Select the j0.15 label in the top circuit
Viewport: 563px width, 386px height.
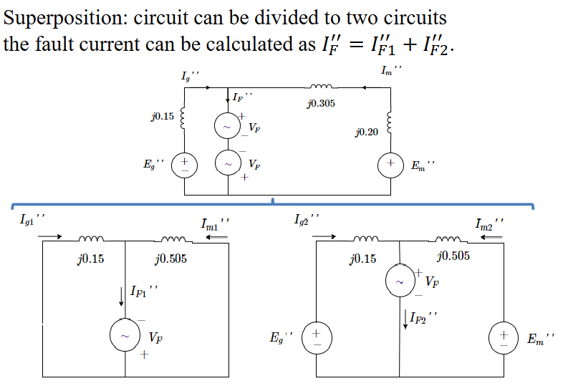162,116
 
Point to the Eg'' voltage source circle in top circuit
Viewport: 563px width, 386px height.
186,164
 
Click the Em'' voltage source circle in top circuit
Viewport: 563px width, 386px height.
392,165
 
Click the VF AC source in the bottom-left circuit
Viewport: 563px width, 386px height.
125,334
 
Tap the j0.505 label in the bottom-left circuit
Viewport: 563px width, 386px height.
170,259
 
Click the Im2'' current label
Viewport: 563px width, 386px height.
489,224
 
